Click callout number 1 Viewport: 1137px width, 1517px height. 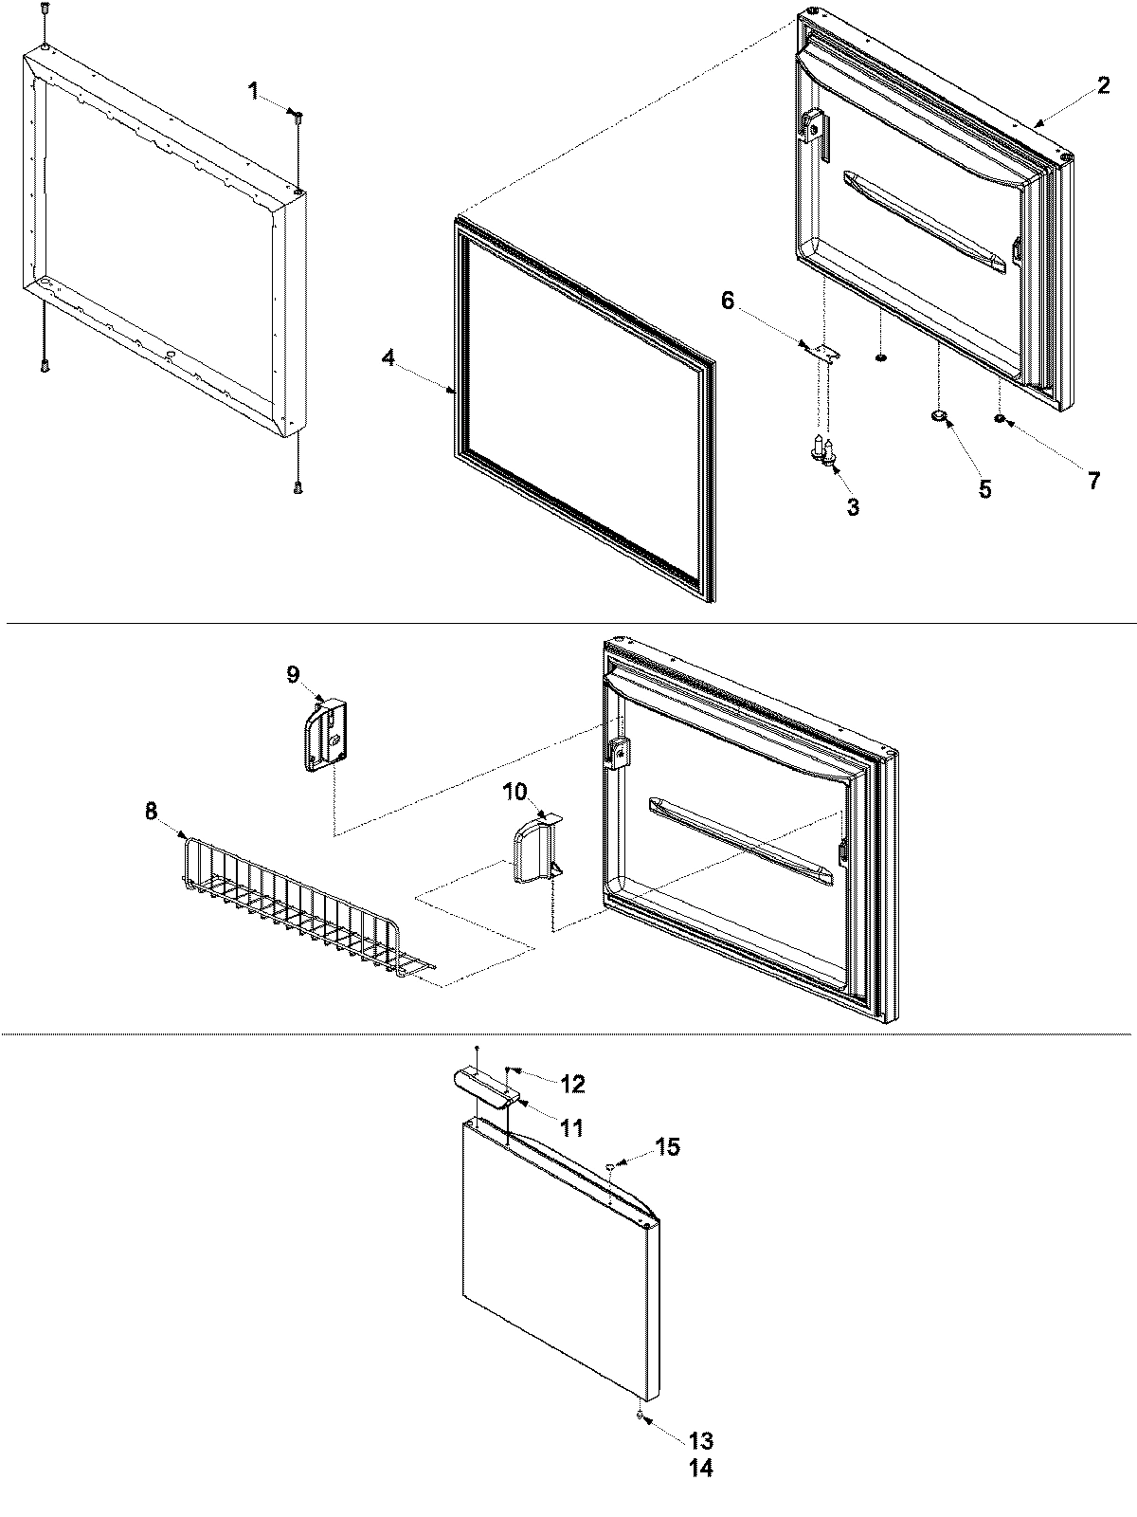253,91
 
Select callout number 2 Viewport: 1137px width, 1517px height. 1103,85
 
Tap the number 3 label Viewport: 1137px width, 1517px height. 853,507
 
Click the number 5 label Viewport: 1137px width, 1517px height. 985,490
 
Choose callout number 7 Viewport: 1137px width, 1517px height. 1093,481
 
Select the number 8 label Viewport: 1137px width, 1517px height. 151,811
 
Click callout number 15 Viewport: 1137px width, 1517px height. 667,1146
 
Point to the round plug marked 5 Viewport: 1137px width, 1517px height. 939,415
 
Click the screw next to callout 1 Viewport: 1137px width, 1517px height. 298,117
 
